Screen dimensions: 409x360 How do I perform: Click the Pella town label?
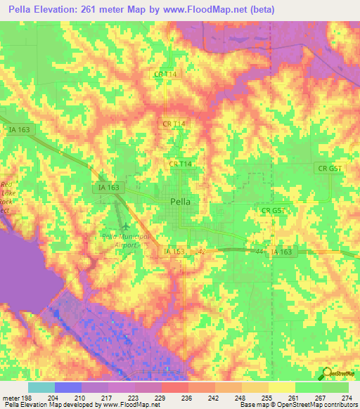click(x=184, y=200)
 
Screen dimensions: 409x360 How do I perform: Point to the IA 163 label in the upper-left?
click(x=20, y=129)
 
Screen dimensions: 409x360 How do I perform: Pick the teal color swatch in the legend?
click(x=41, y=387)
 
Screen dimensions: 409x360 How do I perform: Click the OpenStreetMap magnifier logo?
click(x=326, y=373)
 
